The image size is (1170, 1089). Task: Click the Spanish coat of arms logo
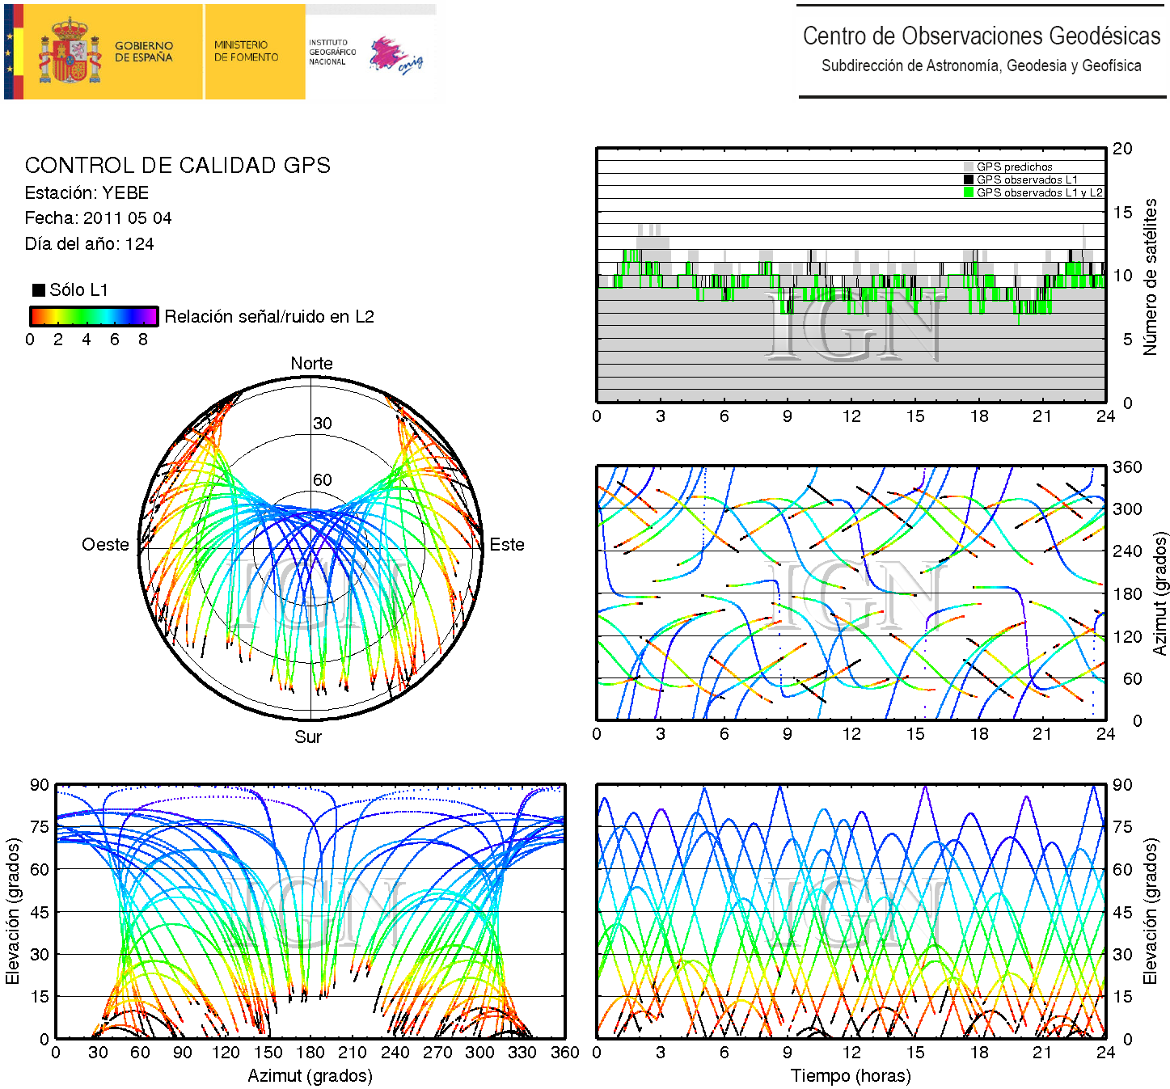pos(71,53)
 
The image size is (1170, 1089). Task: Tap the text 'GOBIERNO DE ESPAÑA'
pos(143,52)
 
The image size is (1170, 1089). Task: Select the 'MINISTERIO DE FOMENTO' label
pos(246,51)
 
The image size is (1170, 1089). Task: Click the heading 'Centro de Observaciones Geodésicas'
pos(981,36)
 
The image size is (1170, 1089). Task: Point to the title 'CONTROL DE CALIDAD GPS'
pos(178,166)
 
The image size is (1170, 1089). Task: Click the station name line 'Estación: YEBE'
pos(87,193)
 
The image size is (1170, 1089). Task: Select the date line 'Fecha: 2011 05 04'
pos(98,218)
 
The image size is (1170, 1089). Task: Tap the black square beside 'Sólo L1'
pos(38,290)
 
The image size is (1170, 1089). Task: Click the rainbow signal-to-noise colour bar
pos(93,316)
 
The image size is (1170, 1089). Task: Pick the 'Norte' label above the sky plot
pos(311,364)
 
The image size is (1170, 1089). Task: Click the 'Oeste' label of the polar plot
pos(105,545)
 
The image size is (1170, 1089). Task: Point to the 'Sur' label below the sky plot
pos(308,737)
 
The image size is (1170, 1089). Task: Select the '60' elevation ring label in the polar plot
pos(322,480)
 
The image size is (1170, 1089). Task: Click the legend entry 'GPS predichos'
pos(1014,167)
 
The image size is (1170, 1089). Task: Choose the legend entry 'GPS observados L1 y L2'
pos(1038,192)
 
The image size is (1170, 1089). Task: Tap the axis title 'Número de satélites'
pos(1150,276)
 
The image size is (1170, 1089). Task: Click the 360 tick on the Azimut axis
pos(1127,467)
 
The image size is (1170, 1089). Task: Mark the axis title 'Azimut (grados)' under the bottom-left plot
pos(310,1076)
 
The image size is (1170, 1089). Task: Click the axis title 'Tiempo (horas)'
pos(851,1076)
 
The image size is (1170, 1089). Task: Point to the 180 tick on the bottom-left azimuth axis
pos(310,1053)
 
